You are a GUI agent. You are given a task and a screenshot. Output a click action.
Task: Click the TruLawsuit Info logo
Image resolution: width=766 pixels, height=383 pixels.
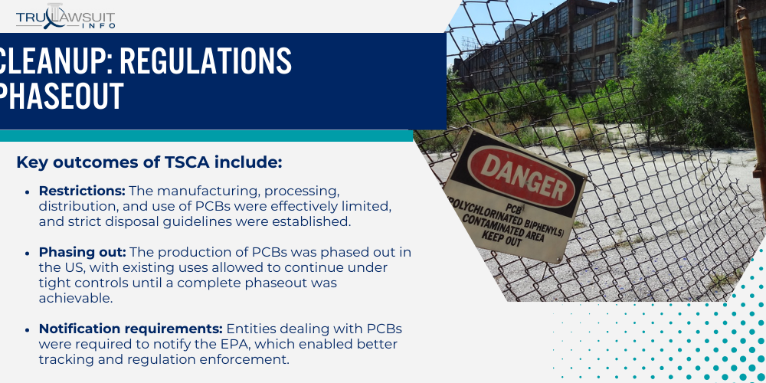(66, 16)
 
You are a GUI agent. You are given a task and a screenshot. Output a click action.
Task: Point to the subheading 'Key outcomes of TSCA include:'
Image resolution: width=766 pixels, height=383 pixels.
(149, 162)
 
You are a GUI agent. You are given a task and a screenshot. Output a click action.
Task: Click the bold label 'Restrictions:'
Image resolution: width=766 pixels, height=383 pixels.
(82, 191)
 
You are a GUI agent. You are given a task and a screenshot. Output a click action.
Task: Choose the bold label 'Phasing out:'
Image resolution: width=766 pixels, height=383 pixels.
(83, 254)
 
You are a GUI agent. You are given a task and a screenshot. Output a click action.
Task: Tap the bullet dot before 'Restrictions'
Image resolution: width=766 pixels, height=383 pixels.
(28, 191)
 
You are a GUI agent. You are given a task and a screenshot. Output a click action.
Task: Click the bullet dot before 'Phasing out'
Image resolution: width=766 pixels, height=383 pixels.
(28, 254)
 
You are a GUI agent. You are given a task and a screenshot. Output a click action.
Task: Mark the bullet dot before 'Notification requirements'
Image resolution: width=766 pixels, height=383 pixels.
(28, 329)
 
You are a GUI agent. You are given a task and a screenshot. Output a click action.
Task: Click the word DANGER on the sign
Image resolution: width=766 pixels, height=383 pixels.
(522, 173)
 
